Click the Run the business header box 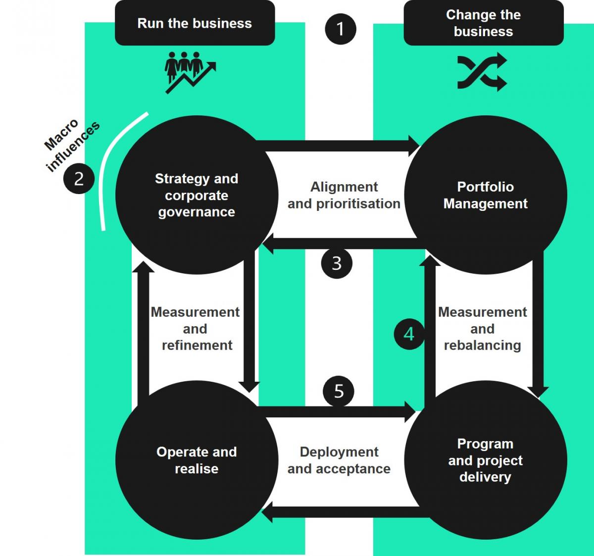(195, 23)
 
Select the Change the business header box (483, 23)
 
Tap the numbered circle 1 (340, 29)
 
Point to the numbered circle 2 (79, 178)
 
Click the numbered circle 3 (337, 263)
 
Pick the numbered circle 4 (409, 334)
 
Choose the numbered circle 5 (339, 391)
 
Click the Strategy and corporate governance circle (197, 195)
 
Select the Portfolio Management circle (486, 195)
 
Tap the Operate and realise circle (197, 460)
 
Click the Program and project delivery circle (486, 460)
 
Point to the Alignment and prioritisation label (344, 195)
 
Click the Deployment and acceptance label (339, 460)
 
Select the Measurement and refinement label (196, 329)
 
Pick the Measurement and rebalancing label (483, 329)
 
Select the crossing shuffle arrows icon (482, 72)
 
